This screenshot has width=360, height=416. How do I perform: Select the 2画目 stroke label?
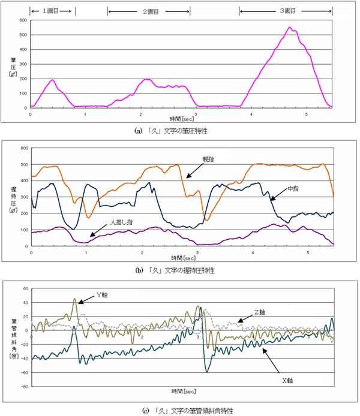tap(148, 11)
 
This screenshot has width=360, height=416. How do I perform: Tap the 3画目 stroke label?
tap(286, 11)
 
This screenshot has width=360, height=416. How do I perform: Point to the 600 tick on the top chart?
tap(23, 20)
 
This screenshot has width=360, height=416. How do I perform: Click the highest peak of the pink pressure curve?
tap(290, 28)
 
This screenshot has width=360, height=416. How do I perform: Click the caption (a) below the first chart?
tap(180, 130)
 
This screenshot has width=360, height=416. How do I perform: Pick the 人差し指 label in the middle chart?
tap(121, 222)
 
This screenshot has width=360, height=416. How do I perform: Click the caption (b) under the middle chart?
tap(180, 271)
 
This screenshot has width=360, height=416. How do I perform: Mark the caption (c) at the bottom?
tap(180, 410)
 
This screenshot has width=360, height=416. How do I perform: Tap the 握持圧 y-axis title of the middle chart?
tap(13, 195)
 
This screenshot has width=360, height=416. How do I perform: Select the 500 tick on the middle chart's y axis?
tap(23, 164)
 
